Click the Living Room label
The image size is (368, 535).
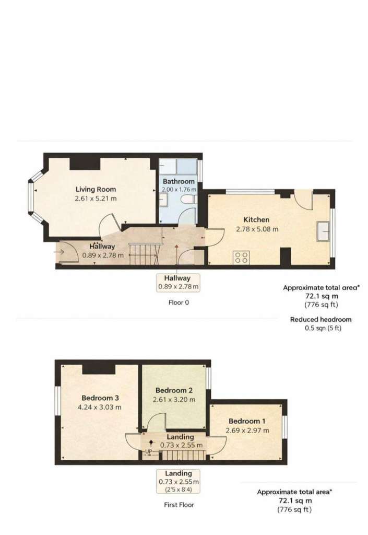(x=96, y=189)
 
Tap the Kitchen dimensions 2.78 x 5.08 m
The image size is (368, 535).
(x=257, y=229)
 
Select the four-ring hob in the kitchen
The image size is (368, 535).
(x=242, y=257)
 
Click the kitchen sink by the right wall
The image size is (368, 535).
(x=323, y=231)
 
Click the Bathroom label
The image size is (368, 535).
(x=179, y=181)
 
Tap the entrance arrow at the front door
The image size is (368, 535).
(x=59, y=252)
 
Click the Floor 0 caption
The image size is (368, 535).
(x=179, y=303)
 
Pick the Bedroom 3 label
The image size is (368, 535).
(x=100, y=398)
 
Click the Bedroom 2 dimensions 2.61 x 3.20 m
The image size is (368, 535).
(x=174, y=400)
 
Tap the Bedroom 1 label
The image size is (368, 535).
(x=247, y=421)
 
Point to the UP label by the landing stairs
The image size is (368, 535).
(x=149, y=451)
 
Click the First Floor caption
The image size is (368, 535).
(x=179, y=505)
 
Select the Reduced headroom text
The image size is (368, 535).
(x=320, y=320)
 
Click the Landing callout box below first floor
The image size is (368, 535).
(x=178, y=481)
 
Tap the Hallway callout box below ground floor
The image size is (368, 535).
(x=178, y=283)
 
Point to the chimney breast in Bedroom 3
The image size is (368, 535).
(x=99, y=369)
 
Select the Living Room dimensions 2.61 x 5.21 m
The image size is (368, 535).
(x=96, y=199)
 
